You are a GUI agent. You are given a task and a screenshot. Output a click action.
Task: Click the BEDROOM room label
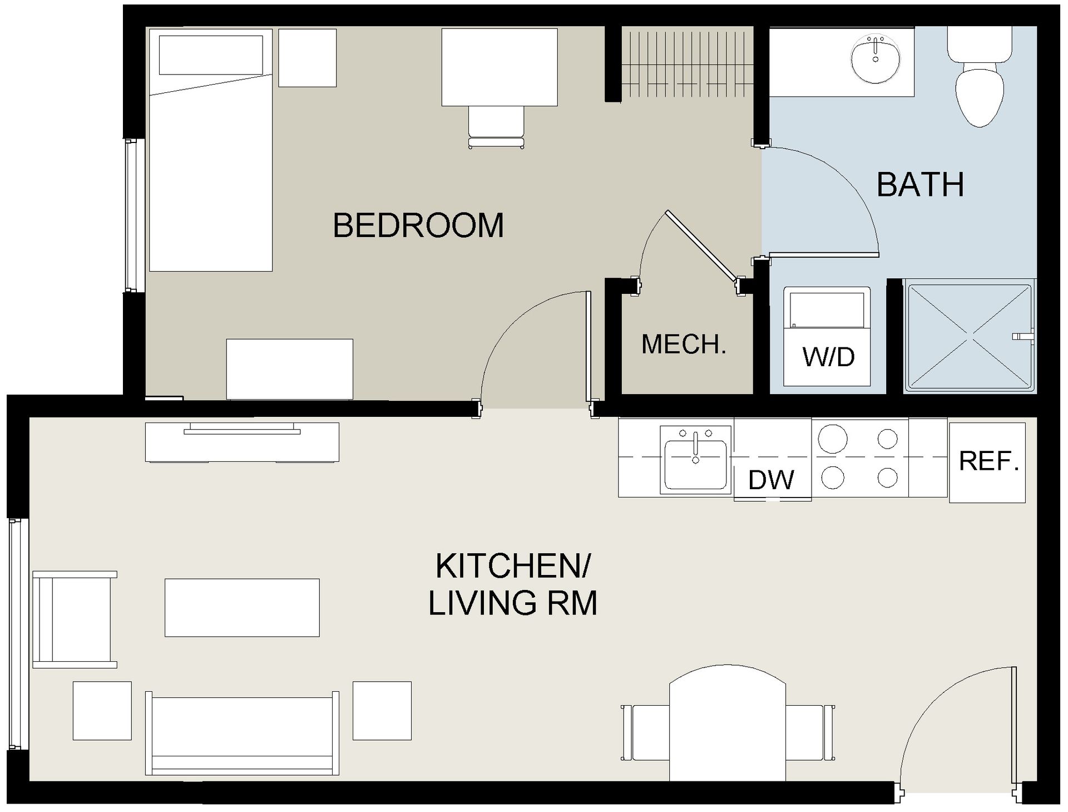point(418,225)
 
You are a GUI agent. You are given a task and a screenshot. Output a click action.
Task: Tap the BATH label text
point(920,185)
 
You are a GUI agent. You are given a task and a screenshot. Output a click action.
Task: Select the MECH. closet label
point(684,345)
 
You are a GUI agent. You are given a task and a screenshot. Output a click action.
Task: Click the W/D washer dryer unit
point(827,337)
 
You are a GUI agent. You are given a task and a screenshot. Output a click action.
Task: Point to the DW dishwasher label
point(772,480)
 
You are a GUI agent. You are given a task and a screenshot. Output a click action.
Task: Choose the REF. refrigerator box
point(987,462)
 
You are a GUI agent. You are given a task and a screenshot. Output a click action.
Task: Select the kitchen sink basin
point(695,464)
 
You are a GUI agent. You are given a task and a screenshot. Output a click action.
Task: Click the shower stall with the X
point(968,336)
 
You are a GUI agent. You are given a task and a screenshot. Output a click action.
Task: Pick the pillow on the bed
point(211,55)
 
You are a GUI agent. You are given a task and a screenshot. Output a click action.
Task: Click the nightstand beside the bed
point(307,58)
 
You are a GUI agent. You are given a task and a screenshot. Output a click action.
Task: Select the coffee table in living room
point(242,607)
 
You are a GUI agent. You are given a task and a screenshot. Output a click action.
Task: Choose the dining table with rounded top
point(727,724)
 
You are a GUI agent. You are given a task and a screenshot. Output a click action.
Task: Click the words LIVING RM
point(512,603)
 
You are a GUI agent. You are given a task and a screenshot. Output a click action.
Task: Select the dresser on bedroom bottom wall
point(289,369)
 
